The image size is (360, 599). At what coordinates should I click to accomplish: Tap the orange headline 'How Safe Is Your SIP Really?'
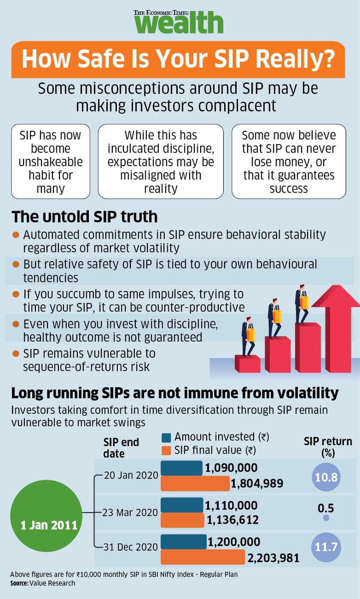(178, 59)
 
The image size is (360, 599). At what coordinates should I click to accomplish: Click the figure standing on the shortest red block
(248, 337)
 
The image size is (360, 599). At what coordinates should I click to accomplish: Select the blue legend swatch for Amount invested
(167, 437)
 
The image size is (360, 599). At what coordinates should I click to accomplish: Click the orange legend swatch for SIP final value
(167, 450)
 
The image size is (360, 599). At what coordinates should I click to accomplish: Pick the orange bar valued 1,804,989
(195, 483)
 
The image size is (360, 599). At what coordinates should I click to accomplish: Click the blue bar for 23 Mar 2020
(181, 505)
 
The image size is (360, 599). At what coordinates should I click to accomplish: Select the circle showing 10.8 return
(326, 477)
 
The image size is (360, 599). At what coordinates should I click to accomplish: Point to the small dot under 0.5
(326, 518)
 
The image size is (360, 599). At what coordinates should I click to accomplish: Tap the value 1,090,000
(231, 468)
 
